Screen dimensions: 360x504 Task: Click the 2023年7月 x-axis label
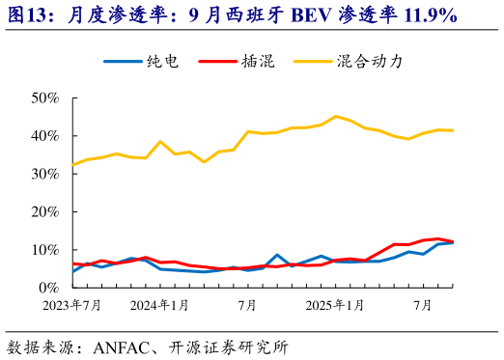pos(71,306)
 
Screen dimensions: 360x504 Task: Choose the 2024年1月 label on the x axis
pos(159,306)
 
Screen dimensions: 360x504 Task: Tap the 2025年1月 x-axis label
pos(335,306)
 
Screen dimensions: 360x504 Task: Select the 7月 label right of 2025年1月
pos(422,306)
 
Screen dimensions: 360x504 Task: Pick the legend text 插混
pos(258,62)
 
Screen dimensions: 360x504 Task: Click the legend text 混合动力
pos(369,62)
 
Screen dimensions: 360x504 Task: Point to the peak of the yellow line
pos(336,117)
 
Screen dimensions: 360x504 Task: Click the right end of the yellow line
pos(453,130)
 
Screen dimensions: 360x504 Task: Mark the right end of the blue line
pos(453,242)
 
